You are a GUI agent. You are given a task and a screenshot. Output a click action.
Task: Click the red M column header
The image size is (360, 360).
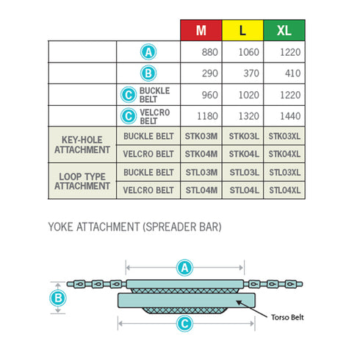tap(201, 30)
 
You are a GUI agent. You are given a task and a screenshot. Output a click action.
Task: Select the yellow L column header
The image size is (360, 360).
tap(242, 30)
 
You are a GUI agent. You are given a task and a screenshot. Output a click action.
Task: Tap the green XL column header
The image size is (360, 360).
tap(284, 30)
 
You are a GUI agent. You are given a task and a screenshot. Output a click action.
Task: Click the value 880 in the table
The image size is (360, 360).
tap(210, 52)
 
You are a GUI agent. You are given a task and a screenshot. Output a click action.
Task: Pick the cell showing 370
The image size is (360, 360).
tap(251, 73)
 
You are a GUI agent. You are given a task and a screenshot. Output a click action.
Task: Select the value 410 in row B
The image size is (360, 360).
tap(292, 73)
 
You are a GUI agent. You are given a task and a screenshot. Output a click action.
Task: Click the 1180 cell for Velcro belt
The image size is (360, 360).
tap(207, 116)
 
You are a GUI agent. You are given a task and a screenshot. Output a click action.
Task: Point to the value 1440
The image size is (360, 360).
tap(290, 116)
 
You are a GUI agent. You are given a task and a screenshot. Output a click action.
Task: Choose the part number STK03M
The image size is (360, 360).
tap(201, 136)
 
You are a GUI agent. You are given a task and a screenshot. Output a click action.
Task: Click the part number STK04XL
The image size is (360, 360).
tap(284, 154)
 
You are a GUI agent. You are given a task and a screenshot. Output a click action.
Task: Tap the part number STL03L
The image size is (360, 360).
tap(244, 173)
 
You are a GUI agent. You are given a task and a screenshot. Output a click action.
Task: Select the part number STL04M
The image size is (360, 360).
tap(201, 190)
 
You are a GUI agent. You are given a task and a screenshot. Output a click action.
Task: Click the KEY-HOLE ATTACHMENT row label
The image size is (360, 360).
tap(82, 145)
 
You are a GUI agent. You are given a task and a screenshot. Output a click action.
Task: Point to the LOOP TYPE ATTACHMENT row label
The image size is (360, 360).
tap(82, 181)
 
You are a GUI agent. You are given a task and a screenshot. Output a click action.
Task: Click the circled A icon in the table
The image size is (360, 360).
tap(148, 52)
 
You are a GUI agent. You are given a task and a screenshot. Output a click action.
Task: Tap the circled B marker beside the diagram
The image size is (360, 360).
tap(58, 298)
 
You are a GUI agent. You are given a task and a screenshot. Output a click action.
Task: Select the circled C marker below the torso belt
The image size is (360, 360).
tap(184, 324)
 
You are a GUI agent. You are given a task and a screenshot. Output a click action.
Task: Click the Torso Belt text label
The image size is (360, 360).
tap(287, 317)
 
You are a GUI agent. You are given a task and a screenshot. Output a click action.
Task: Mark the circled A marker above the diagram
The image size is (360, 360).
tap(184, 267)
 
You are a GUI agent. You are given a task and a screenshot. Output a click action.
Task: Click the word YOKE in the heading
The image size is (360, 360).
tap(60, 227)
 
